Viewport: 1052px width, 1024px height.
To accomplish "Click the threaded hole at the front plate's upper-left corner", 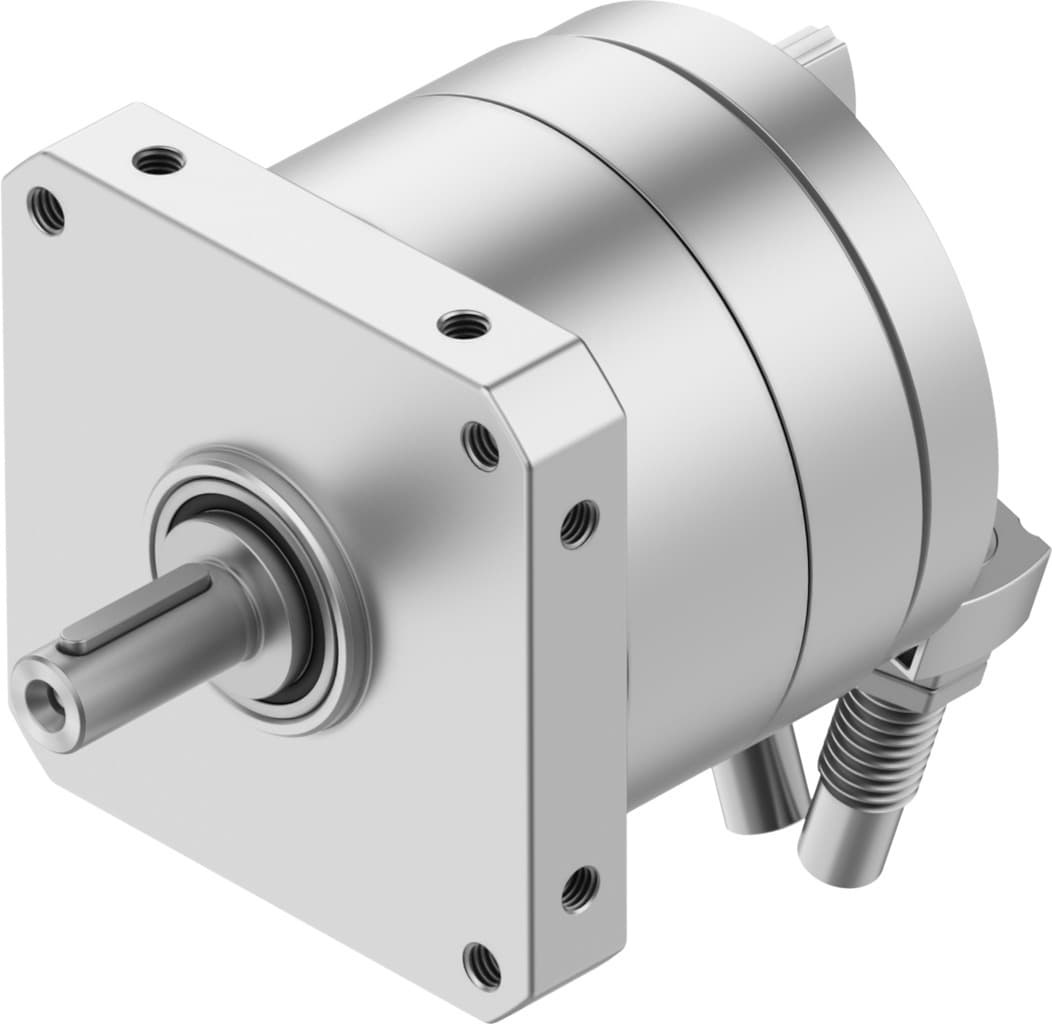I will [x=46, y=211].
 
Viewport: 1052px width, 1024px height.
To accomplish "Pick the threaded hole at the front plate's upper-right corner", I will [x=481, y=445].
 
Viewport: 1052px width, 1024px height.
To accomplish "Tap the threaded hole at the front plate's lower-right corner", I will [x=481, y=963].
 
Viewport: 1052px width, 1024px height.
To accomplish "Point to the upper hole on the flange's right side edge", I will [x=578, y=523].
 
